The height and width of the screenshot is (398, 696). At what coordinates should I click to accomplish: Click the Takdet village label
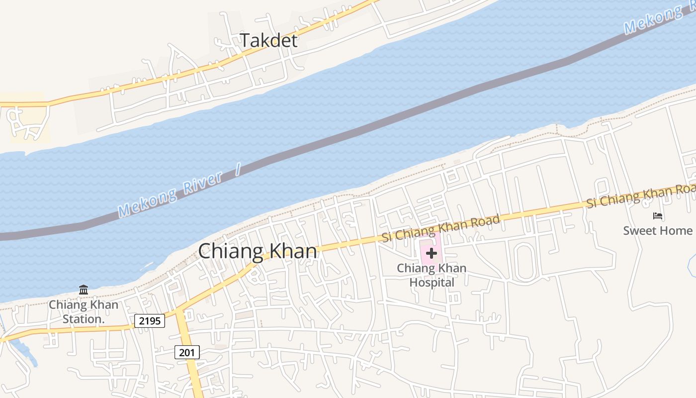click(x=269, y=40)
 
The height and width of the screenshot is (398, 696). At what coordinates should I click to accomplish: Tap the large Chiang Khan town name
click(x=258, y=251)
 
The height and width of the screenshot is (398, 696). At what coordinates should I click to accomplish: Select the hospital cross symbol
click(x=431, y=253)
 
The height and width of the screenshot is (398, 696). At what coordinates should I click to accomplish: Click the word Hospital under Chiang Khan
click(x=432, y=283)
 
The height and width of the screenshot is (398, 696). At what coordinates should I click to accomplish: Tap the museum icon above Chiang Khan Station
click(x=84, y=290)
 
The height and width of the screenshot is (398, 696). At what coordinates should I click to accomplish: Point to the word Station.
click(x=84, y=319)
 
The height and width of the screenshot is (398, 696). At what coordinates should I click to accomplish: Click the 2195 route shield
click(x=150, y=321)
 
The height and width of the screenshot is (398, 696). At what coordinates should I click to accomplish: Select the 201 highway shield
click(x=187, y=352)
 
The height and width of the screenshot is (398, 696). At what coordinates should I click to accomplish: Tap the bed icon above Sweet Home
click(x=658, y=216)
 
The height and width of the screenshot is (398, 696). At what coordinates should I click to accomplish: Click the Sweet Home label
click(x=657, y=230)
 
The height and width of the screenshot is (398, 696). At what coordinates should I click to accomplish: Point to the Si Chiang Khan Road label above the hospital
click(x=440, y=228)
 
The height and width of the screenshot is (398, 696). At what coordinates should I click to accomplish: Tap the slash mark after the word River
click(x=238, y=170)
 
